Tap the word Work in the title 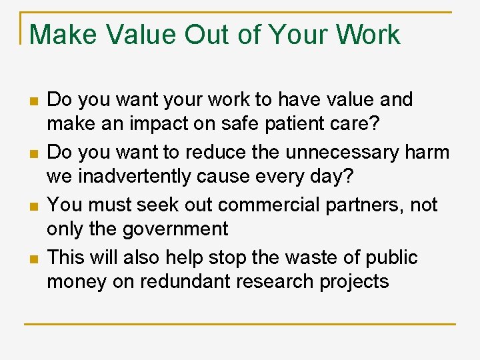click(368, 35)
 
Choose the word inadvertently click(135, 177)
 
